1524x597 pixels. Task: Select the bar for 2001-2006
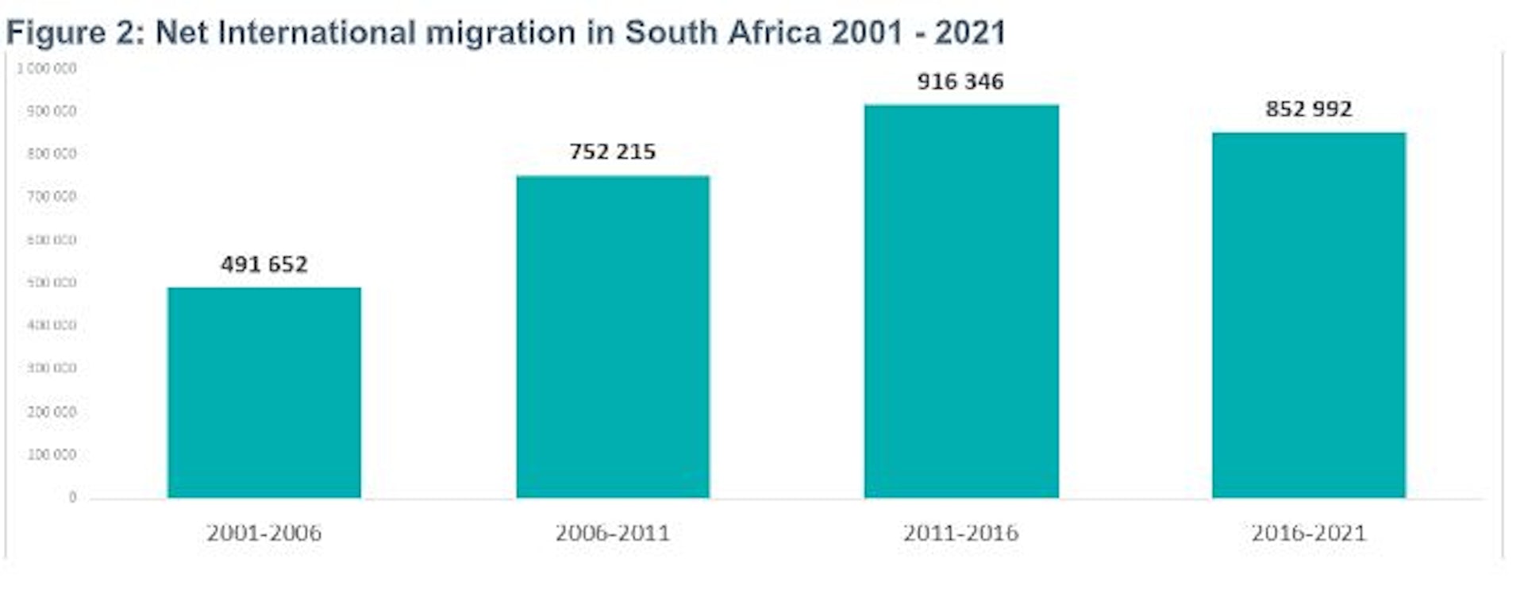click(264, 392)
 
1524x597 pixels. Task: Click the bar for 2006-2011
click(612, 337)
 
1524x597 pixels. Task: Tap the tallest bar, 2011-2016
click(960, 301)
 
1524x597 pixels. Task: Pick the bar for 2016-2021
click(1308, 315)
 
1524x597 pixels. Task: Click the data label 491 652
click(264, 264)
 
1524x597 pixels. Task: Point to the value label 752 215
click(612, 152)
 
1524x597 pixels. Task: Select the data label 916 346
click(960, 82)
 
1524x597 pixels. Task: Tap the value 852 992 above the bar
click(1308, 110)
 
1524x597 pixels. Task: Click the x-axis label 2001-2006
click(264, 533)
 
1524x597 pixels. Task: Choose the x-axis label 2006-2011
click(612, 533)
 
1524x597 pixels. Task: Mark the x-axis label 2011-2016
click(960, 533)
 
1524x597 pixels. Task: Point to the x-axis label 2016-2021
click(1308, 533)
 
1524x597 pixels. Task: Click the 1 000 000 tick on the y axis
click(48, 69)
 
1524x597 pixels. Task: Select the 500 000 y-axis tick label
click(52, 283)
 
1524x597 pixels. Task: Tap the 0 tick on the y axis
click(72, 497)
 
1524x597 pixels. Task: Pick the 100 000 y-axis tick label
click(52, 455)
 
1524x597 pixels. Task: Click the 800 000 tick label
click(52, 154)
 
